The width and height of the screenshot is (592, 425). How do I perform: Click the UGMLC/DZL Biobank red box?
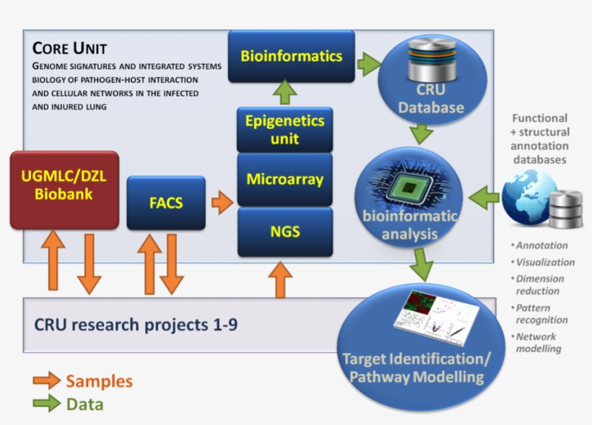[x=64, y=190]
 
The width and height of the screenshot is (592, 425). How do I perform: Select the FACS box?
[x=166, y=203]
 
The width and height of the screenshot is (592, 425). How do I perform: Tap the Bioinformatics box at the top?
[x=291, y=56]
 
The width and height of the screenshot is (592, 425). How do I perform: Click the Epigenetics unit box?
[x=284, y=129]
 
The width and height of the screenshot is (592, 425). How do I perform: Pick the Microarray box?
[x=284, y=178]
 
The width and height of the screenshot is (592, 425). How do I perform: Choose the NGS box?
[x=284, y=232]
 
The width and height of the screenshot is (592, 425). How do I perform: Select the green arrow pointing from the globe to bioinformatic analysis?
[x=485, y=194]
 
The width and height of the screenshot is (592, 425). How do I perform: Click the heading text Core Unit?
[x=69, y=49]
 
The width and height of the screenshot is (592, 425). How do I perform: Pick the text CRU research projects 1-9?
[x=136, y=324]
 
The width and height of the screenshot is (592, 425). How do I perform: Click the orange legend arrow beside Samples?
[x=46, y=380]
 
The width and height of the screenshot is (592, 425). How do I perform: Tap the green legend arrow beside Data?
[x=46, y=403]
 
